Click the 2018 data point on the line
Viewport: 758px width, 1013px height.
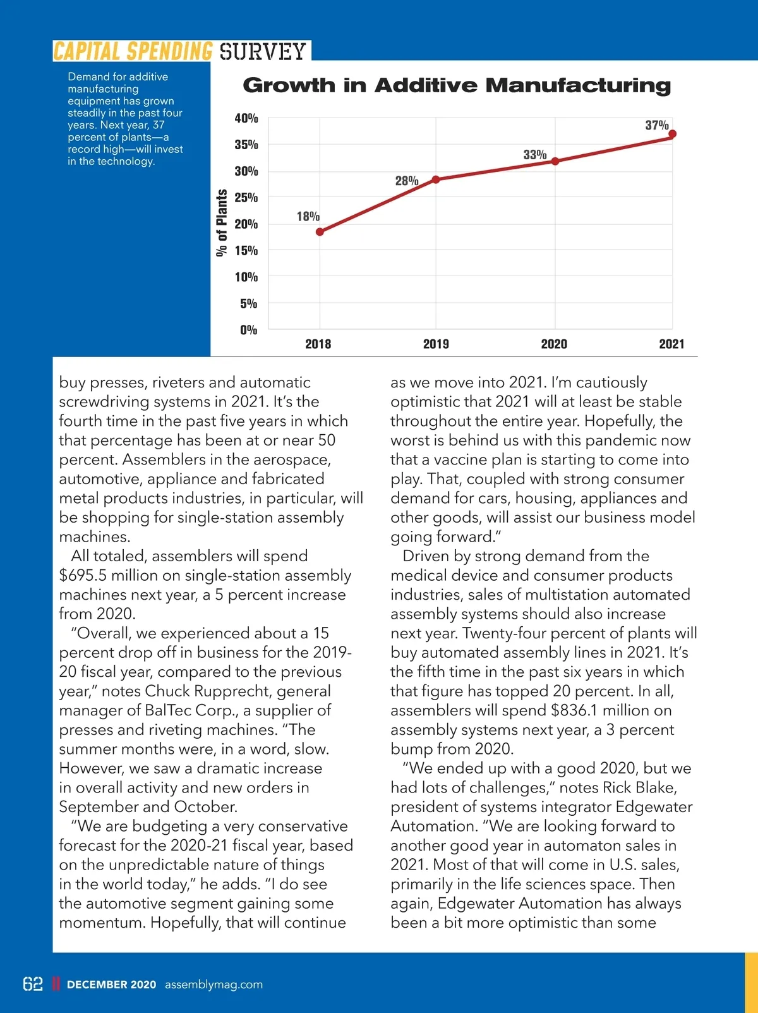click(320, 232)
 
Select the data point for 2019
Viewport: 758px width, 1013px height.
click(436, 179)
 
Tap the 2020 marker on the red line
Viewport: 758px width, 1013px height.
click(555, 161)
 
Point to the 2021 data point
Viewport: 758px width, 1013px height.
click(673, 134)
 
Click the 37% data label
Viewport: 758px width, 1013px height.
click(657, 125)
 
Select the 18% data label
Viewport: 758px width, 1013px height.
click(308, 217)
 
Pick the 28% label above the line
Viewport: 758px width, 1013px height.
click(407, 181)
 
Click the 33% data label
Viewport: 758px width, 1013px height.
click(535, 155)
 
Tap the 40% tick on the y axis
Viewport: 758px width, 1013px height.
click(246, 118)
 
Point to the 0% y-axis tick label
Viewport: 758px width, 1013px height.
click(249, 330)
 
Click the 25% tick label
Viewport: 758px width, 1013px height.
click(246, 198)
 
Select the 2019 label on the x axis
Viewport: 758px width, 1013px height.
click(436, 344)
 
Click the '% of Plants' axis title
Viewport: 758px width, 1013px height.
click(221, 223)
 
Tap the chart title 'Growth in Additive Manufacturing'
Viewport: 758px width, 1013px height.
click(457, 85)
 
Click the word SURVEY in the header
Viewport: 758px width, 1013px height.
click(263, 51)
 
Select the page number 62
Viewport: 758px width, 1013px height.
click(33, 984)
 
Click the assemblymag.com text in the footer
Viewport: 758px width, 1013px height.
click(214, 985)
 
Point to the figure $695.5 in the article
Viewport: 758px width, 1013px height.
click(82, 576)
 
